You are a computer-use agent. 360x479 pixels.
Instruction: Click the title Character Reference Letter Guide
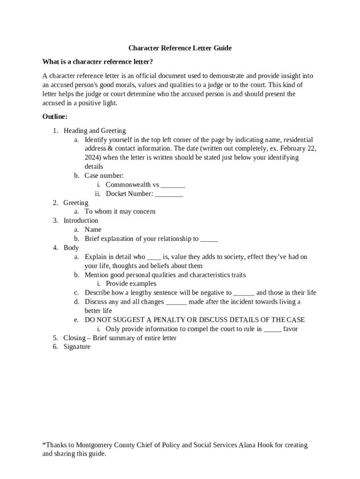[180, 48]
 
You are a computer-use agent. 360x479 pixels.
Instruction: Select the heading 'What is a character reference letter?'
[97, 62]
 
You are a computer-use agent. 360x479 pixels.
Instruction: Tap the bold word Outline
[55, 116]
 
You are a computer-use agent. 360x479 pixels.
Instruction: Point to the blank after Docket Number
[169, 194]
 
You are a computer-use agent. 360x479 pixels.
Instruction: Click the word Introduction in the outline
[81, 220]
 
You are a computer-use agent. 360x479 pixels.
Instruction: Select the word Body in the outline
[71, 247]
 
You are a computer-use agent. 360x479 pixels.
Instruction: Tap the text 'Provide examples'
[131, 283]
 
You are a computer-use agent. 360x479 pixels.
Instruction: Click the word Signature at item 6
[77, 347]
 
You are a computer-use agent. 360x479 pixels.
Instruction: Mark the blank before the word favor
[273, 329]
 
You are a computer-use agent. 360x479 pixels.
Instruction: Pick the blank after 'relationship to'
[209, 239]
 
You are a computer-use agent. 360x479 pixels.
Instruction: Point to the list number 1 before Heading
[55, 131]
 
